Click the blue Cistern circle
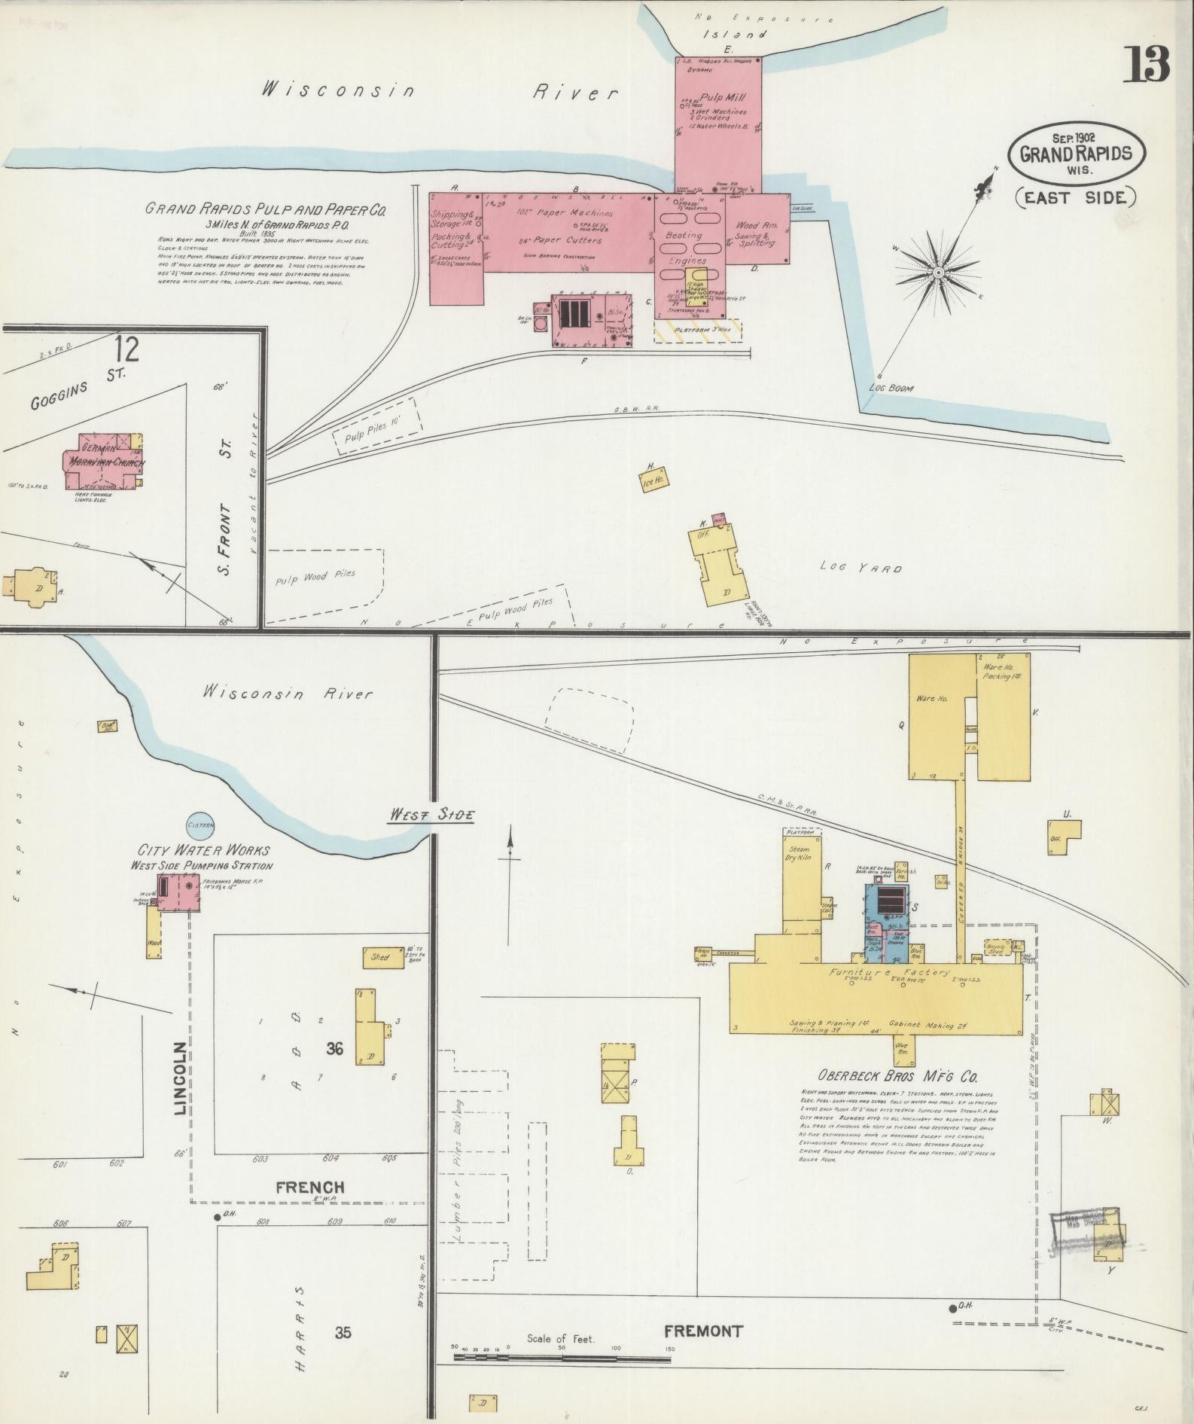(x=201, y=825)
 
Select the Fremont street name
(x=704, y=1330)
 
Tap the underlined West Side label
(x=430, y=814)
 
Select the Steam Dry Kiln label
(x=799, y=853)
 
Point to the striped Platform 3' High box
(x=697, y=330)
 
